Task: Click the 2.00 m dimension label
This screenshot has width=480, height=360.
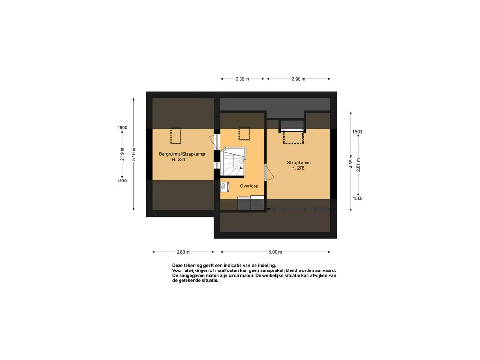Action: [x=242, y=79]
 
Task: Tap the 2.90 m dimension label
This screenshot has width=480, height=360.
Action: [x=298, y=79]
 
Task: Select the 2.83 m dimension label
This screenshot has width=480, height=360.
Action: [x=183, y=252]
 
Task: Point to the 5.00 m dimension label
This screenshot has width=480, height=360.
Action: [x=275, y=252]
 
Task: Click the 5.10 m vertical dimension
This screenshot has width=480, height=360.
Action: [x=134, y=154]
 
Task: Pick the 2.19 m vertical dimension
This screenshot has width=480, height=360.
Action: [x=122, y=154]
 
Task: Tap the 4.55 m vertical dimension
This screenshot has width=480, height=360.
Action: [x=351, y=161]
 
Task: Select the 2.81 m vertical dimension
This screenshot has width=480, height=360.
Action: [x=358, y=165]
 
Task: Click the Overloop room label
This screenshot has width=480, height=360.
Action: [x=249, y=186]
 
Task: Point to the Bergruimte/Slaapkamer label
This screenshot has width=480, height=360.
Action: [x=182, y=154]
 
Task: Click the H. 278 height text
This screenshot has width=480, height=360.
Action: [x=298, y=168]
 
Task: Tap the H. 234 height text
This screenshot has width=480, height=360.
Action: [x=179, y=159]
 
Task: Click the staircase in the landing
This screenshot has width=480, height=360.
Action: [x=233, y=162]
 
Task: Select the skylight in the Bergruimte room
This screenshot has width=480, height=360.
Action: [x=176, y=136]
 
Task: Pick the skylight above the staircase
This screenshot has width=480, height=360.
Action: [x=244, y=134]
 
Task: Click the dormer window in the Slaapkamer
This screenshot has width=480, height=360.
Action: [x=293, y=135]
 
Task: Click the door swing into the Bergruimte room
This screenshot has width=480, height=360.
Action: [x=214, y=142]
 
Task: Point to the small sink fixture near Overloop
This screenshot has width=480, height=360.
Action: [x=224, y=187]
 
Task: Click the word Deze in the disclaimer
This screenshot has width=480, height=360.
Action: [x=178, y=266]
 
